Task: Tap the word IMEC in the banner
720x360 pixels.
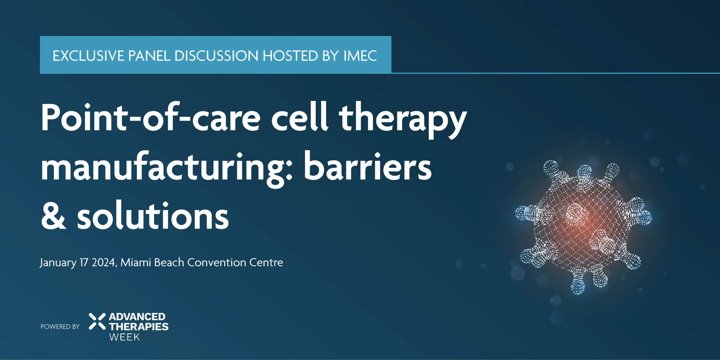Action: coord(360,56)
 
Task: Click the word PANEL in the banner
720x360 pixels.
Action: coord(149,56)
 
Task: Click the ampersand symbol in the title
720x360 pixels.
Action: coord(54,216)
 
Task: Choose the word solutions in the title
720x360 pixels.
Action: coord(153,216)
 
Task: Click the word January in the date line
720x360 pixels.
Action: coord(58,263)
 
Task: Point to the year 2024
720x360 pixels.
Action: coord(104,262)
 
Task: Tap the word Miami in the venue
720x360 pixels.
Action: coord(136,262)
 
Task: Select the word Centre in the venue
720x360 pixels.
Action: coord(266,262)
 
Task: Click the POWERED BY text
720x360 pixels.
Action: coord(60,327)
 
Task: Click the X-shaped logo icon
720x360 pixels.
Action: coord(97,321)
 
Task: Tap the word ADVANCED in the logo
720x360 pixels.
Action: coord(137,317)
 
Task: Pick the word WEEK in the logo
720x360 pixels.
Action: coord(125,337)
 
